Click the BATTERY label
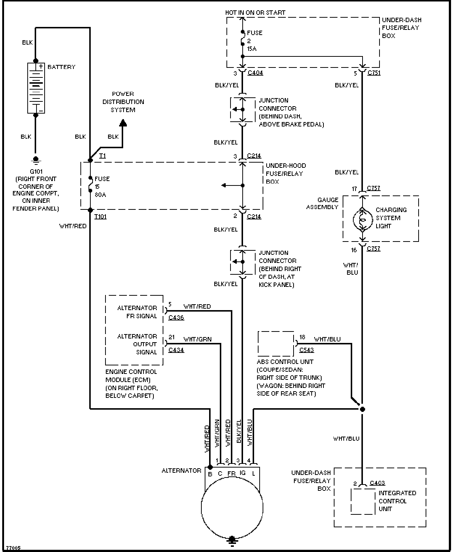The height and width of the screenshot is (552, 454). pos(61,67)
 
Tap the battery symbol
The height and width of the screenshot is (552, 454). pos(36,88)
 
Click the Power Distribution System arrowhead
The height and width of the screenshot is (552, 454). pos(123,123)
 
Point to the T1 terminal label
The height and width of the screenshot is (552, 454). pos(102,156)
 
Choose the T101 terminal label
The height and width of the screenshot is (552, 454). pos(100,216)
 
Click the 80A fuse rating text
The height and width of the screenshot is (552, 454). pos(100,195)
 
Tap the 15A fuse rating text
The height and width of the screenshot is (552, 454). pos(252,49)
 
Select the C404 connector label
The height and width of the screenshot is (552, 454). pos(255,73)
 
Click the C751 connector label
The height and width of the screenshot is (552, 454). pos(374,73)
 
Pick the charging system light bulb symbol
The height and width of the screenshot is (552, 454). pos(362,219)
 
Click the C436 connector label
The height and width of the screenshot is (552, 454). pos(176,317)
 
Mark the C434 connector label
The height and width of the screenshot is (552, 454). pos(176,350)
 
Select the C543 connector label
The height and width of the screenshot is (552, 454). pos(306,350)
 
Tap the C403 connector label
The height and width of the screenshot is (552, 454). pos(377,483)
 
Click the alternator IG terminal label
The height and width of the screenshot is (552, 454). pos(242,473)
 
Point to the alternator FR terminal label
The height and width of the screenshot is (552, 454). pos(231,473)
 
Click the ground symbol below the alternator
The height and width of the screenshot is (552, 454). pos(232,540)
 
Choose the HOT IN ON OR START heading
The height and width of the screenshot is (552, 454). pos(255,13)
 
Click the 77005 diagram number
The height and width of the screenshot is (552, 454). pos(13,548)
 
